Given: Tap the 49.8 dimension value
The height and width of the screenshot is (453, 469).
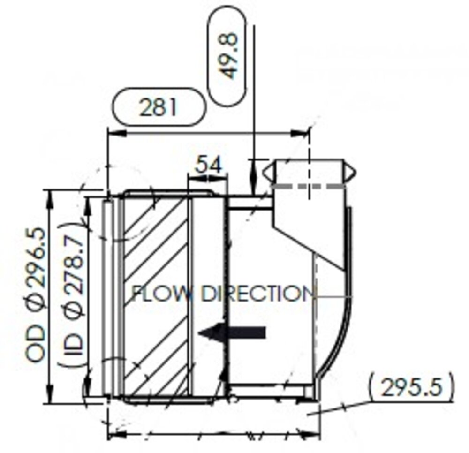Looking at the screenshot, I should tap(229, 55).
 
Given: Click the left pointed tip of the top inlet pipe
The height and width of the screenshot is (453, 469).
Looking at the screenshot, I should tap(264, 172).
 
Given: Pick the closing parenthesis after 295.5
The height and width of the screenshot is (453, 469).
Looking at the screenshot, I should tap(451, 388).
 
